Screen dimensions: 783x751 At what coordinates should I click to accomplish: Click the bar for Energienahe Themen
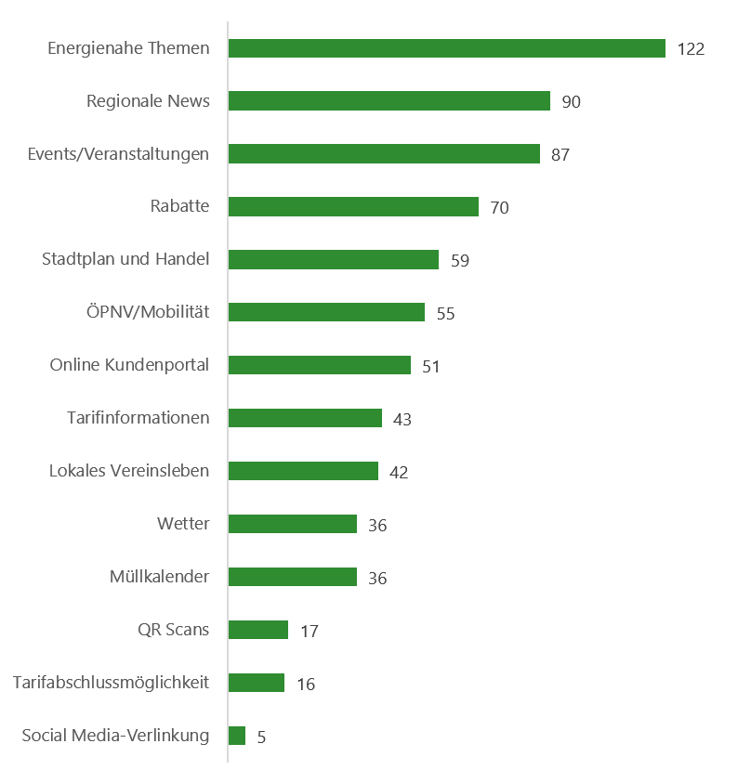pos(446,48)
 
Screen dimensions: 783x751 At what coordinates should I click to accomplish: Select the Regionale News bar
pos(389,101)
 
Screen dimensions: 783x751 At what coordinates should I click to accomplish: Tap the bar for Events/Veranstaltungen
pos(383,154)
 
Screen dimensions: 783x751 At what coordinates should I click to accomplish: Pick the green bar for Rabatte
pos(352,207)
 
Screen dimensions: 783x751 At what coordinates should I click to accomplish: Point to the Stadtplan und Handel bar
pos(333,260)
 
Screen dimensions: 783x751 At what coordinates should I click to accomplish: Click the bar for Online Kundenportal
pos(319,365)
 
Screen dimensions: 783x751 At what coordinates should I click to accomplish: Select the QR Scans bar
pos(257,630)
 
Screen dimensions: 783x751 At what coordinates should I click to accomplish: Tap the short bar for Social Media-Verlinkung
pos(236,736)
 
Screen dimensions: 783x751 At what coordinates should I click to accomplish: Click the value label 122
pos(691,49)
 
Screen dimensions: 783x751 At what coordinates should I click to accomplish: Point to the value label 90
pos(571,102)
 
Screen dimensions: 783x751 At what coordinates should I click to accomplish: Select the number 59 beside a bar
pos(459,261)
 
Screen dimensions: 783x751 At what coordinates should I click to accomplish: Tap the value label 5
pos(261,737)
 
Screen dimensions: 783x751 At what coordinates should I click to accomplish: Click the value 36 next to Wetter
pos(376,526)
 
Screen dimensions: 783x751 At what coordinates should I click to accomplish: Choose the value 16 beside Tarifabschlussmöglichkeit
pos(306,685)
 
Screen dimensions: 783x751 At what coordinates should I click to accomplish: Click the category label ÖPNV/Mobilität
pos(148,312)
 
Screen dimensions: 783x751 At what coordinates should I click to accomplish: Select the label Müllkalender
pos(159,577)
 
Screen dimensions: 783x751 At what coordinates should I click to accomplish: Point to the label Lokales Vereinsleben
pos(129,471)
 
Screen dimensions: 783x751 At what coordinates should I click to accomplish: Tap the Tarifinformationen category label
pos(138,418)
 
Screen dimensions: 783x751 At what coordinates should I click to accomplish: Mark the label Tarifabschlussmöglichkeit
pos(112,683)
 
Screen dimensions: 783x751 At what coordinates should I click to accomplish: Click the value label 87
pos(560,155)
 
